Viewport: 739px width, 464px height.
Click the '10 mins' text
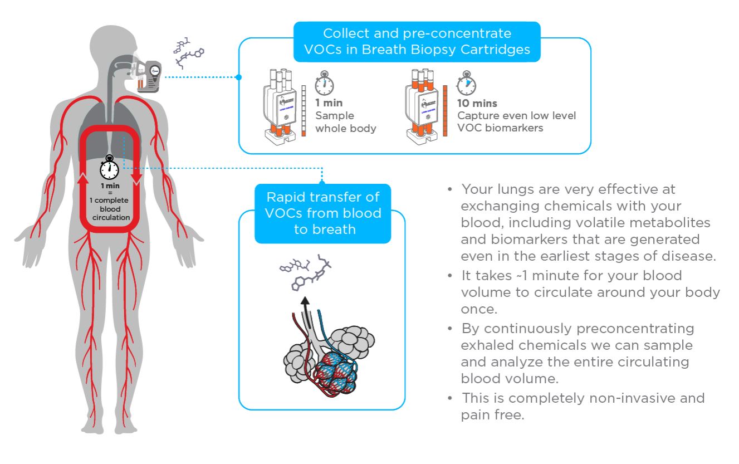[x=477, y=103]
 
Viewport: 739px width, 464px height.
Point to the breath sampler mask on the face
[x=147, y=75]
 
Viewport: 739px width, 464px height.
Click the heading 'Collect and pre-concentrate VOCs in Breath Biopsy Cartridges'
[x=417, y=42]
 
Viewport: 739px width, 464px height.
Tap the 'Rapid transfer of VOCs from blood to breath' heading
[x=324, y=213]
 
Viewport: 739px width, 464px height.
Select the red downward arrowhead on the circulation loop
[x=136, y=178]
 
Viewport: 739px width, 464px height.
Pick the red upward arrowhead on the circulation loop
[x=83, y=178]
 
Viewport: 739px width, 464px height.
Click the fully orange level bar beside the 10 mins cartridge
[x=445, y=111]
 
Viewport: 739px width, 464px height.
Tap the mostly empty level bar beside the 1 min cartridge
[x=304, y=111]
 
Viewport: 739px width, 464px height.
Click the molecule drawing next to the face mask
[x=188, y=53]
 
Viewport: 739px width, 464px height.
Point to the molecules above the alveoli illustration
[x=305, y=272]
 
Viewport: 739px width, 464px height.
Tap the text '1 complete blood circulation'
[x=110, y=209]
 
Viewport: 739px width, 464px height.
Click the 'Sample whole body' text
[x=346, y=122]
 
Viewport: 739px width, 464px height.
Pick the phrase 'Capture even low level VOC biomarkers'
[x=517, y=122]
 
